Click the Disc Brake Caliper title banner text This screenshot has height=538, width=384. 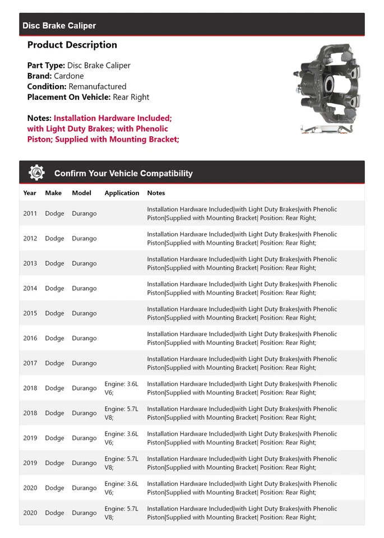click(x=59, y=26)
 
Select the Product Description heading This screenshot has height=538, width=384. click(x=72, y=45)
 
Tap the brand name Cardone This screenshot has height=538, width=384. click(x=69, y=76)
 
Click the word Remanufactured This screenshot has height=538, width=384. click(x=98, y=86)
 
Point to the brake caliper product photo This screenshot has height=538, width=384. click(x=328, y=90)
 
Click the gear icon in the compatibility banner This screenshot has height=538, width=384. click(x=37, y=173)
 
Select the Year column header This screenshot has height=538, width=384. click(x=30, y=193)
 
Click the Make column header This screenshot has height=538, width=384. click(x=53, y=193)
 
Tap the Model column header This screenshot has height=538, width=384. click(x=81, y=193)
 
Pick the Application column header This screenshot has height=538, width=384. click(x=122, y=193)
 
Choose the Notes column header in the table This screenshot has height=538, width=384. click(x=156, y=193)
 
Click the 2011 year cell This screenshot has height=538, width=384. click(x=30, y=214)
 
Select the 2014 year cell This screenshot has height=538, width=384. click(x=30, y=289)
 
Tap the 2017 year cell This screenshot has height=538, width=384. click(x=30, y=363)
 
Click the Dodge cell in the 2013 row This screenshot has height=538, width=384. click(x=54, y=263)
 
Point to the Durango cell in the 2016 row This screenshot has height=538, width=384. click(x=84, y=338)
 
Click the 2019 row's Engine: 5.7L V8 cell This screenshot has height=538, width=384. click(x=121, y=463)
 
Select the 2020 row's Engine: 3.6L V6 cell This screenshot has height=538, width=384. click(x=121, y=488)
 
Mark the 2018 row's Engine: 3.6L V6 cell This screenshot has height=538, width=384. click(x=121, y=388)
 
